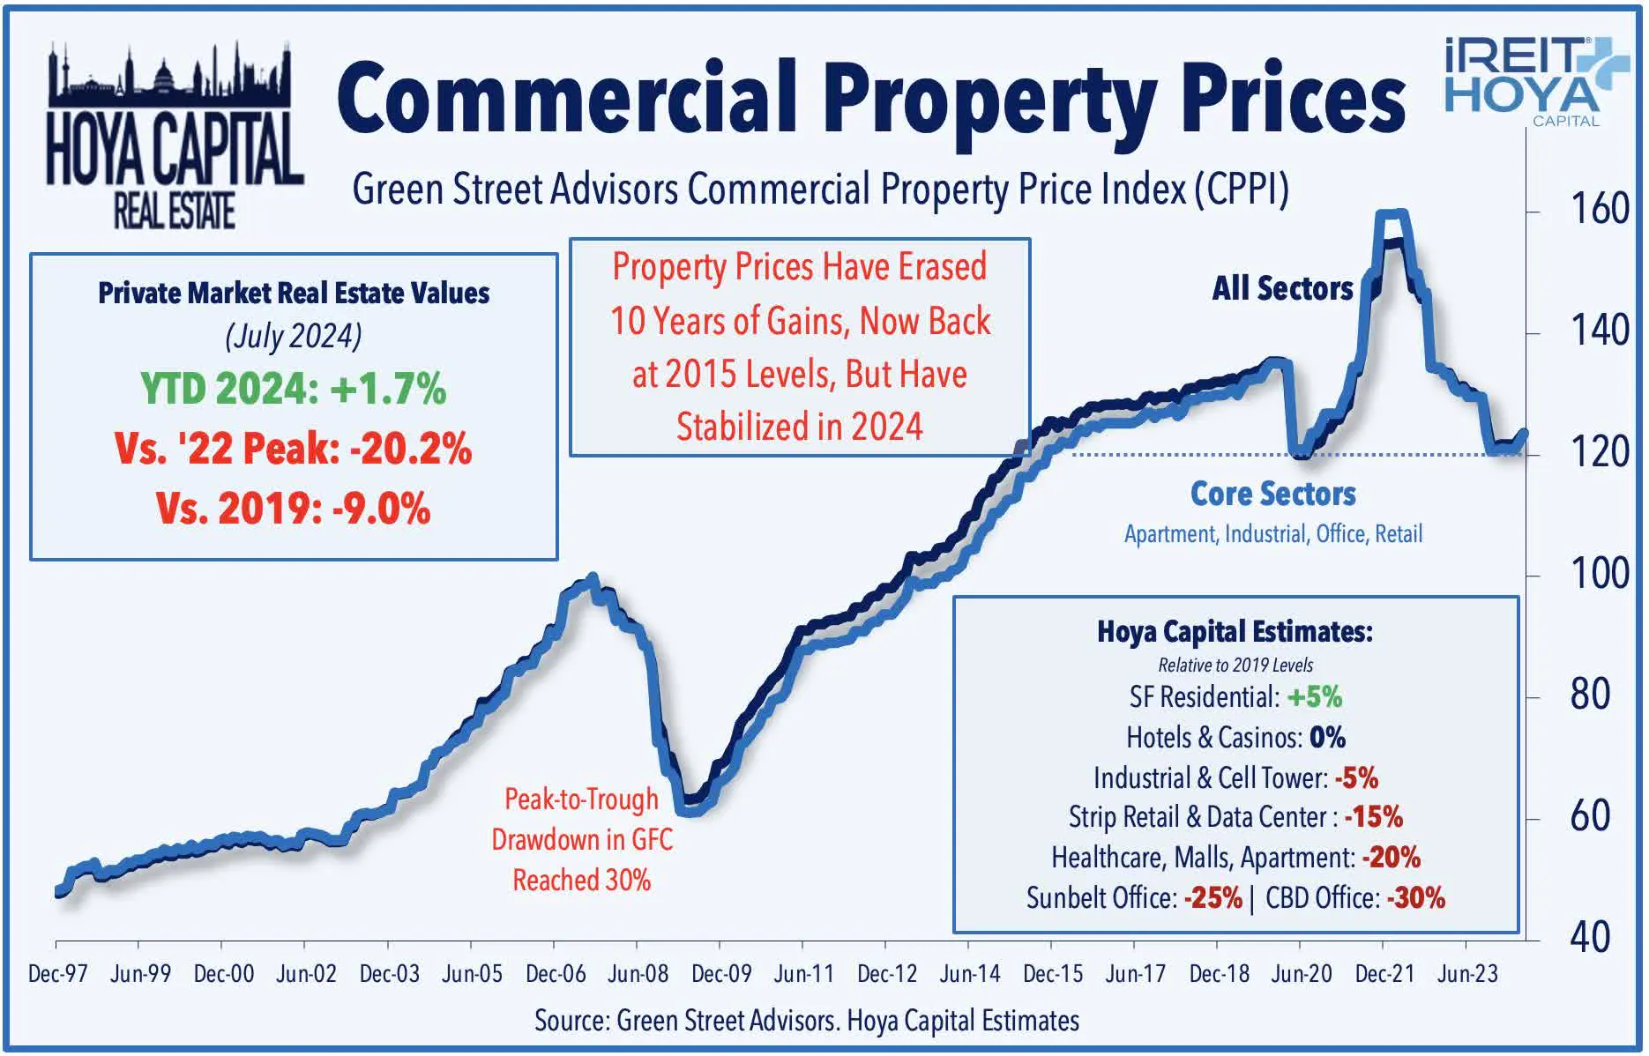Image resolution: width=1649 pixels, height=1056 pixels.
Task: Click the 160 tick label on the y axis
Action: (1599, 210)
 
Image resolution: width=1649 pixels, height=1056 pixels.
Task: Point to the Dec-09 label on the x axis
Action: (720, 974)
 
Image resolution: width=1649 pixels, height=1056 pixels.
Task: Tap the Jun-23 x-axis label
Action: (1467, 974)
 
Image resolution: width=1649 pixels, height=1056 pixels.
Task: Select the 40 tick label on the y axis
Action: (1590, 938)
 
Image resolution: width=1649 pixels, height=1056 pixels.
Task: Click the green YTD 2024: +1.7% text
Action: (294, 389)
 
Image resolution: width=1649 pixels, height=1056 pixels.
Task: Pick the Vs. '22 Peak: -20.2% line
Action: (294, 449)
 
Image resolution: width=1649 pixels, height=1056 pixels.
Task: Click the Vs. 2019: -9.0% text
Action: (294, 509)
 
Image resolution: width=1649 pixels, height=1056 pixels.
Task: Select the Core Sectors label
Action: (1272, 494)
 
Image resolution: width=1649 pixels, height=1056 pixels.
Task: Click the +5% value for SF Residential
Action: (1314, 697)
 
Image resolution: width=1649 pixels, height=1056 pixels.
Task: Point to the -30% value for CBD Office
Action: (1416, 898)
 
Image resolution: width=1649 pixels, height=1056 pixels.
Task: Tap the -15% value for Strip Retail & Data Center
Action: (1374, 817)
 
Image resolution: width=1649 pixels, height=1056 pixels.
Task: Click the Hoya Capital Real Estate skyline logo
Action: (174, 137)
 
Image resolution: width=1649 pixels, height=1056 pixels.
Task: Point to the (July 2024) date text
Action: (294, 336)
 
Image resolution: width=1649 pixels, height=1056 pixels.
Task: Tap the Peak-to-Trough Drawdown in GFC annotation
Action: (581, 839)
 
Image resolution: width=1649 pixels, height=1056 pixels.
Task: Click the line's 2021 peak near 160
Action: (1392, 214)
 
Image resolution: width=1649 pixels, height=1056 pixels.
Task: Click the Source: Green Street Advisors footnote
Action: (806, 1021)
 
